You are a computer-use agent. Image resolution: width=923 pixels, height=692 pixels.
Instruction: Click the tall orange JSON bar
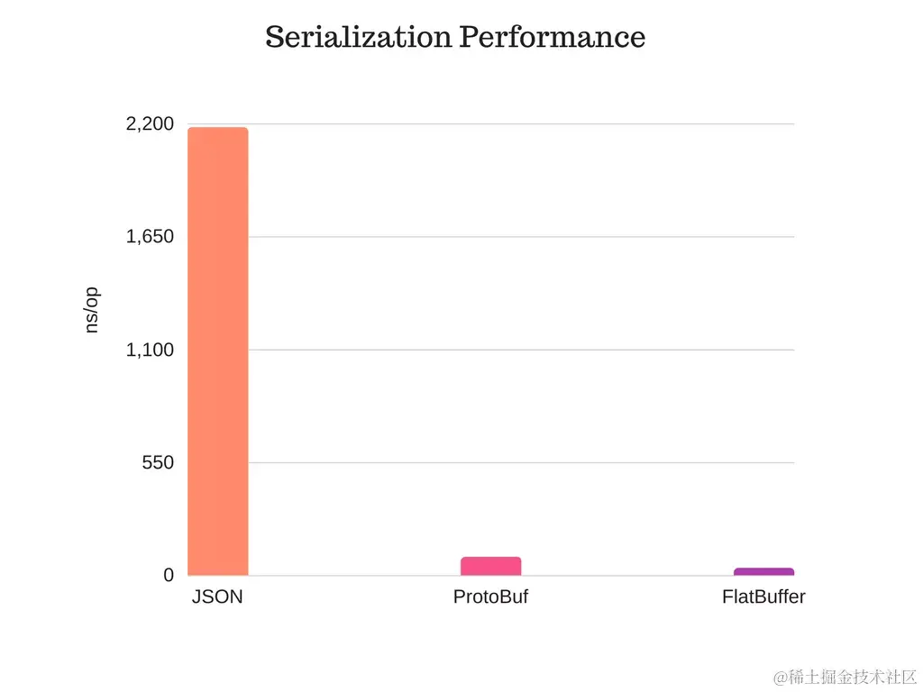[217, 351]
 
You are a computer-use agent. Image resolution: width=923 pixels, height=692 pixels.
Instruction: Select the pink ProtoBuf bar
[490, 566]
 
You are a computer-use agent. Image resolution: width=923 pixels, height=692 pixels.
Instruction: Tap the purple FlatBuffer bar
[763, 571]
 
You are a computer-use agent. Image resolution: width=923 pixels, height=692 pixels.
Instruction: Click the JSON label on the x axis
[217, 596]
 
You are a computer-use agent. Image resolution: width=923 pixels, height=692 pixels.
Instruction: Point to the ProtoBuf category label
[490, 596]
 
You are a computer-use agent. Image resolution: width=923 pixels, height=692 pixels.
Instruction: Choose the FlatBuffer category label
[763, 596]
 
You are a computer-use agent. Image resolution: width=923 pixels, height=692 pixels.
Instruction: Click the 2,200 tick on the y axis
[150, 124]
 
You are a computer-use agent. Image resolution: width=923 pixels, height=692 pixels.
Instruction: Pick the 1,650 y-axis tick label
[150, 237]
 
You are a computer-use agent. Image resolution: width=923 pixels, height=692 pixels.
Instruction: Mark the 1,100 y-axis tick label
[150, 350]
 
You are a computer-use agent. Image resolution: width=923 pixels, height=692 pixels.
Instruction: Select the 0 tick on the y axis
[168, 575]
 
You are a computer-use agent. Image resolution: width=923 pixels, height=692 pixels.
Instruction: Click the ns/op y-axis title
[91, 311]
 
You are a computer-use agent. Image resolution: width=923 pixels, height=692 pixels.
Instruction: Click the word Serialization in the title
[358, 37]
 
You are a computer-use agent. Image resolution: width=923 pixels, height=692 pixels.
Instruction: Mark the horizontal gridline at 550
[523, 462]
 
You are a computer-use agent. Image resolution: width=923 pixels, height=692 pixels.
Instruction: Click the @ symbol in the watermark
[780, 676]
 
